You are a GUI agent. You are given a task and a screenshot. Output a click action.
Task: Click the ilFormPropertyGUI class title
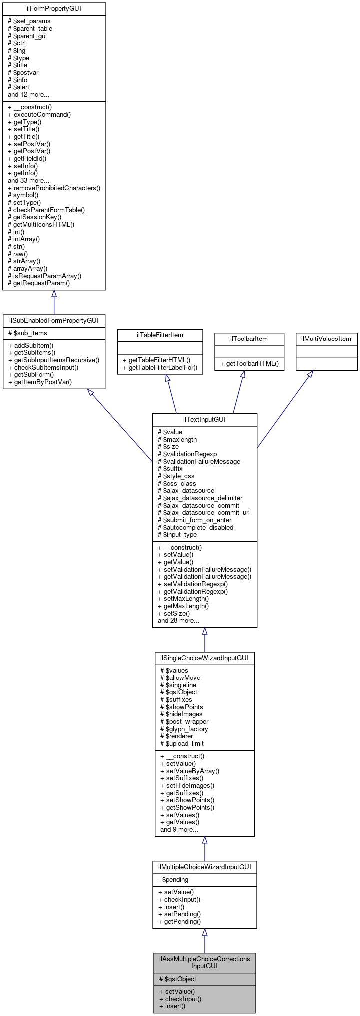click(x=54, y=9)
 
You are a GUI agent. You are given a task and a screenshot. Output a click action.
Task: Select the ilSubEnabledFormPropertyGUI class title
click(x=54, y=321)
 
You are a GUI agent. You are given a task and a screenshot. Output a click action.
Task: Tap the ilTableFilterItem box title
click(x=160, y=335)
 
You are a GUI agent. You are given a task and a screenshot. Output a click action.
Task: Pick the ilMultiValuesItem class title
click(x=326, y=339)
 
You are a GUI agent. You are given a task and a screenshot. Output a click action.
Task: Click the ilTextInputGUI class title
click(x=204, y=419)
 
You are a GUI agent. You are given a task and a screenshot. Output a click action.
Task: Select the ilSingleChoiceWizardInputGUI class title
click(x=204, y=658)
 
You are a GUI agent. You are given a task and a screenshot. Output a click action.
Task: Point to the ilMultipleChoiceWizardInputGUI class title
click(x=204, y=866)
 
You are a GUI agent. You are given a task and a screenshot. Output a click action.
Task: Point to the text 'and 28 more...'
click(x=178, y=620)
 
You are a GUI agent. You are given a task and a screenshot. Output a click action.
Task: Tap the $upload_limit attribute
click(x=182, y=743)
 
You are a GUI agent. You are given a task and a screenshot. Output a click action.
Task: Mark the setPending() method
click(x=179, y=914)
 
